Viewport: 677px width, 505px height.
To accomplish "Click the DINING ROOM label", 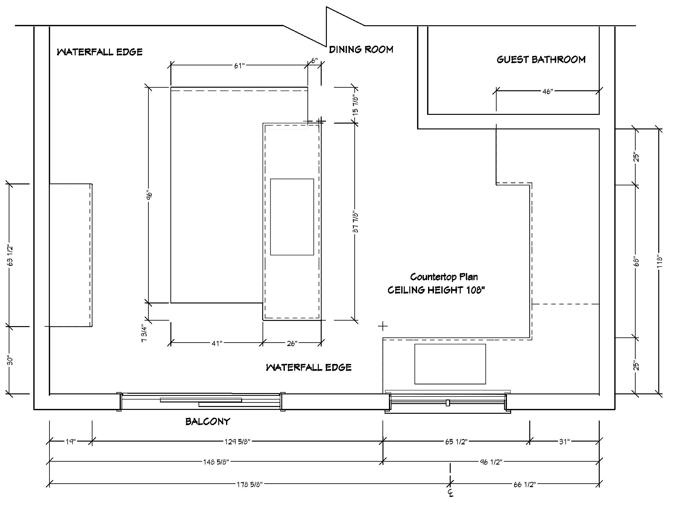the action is pos(361,49).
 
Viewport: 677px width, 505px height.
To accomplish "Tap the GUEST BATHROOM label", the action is pos(541,60).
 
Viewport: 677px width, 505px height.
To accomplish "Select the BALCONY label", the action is pos(208,422).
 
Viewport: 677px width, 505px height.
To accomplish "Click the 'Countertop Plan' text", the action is pos(444,277).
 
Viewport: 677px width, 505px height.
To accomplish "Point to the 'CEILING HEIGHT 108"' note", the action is pos(436,290).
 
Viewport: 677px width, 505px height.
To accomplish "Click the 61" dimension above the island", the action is pos(239,66).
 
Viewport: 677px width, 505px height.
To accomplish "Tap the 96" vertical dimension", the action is pos(149,195).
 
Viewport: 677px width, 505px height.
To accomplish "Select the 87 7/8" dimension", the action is pos(356,222).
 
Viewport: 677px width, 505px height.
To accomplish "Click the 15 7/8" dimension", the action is pos(355,105).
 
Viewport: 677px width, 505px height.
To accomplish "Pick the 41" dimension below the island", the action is pos(217,343).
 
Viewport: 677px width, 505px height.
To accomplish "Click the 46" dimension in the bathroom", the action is pos(548,92).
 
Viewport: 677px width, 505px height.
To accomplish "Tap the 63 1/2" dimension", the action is pos(10,256).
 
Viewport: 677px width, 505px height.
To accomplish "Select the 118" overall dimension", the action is pos(660,262).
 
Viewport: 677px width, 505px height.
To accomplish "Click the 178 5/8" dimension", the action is pos(249,484).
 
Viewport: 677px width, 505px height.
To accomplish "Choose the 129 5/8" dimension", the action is pos(237,441).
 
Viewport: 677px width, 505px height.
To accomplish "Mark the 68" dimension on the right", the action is pos(637,262).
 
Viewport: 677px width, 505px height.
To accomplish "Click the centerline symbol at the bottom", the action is pos(450,492).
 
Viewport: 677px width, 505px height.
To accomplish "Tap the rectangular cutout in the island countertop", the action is pos(292,217).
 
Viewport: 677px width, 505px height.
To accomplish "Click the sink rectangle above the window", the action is pos(450,364).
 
